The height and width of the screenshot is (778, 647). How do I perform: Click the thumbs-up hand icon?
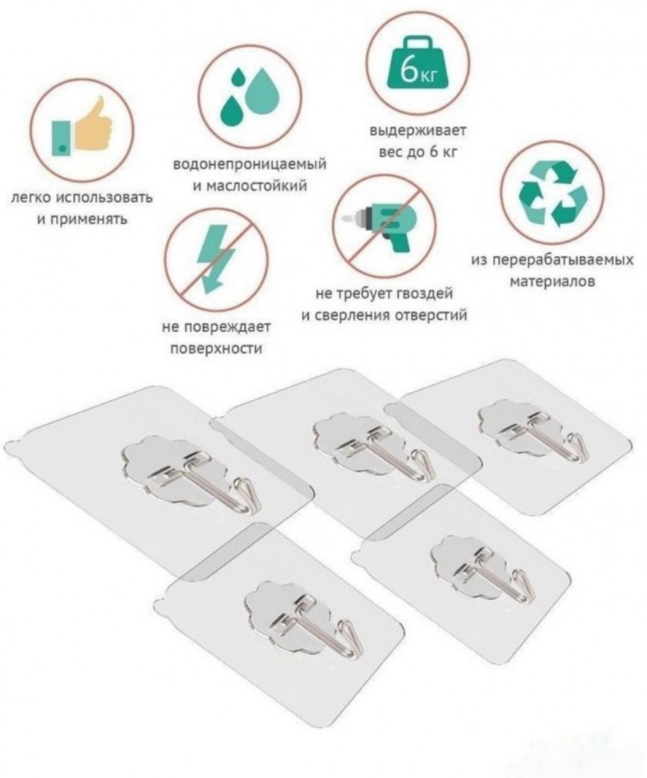[82, 127]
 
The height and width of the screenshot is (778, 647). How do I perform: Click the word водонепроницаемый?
[250, 164]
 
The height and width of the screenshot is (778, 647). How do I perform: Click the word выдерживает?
[418, 131]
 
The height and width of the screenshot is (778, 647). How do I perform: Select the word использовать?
[103, 198]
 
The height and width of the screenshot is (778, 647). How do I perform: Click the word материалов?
[552, 282]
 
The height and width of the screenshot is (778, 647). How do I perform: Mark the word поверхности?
[216, 349]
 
